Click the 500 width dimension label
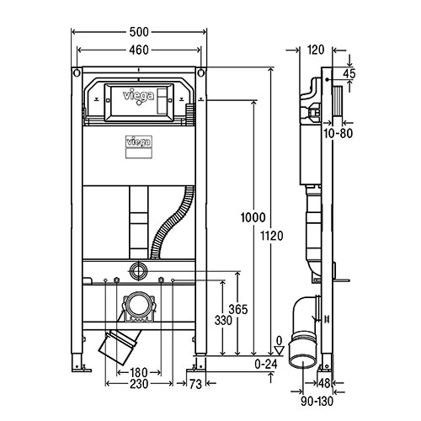139,32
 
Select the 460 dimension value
139,50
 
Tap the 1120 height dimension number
272,236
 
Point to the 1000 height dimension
253,217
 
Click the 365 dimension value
238,309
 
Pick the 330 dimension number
223,320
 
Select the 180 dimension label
139,373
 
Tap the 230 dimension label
139,384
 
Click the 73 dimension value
195,384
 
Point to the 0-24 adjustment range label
266,365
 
